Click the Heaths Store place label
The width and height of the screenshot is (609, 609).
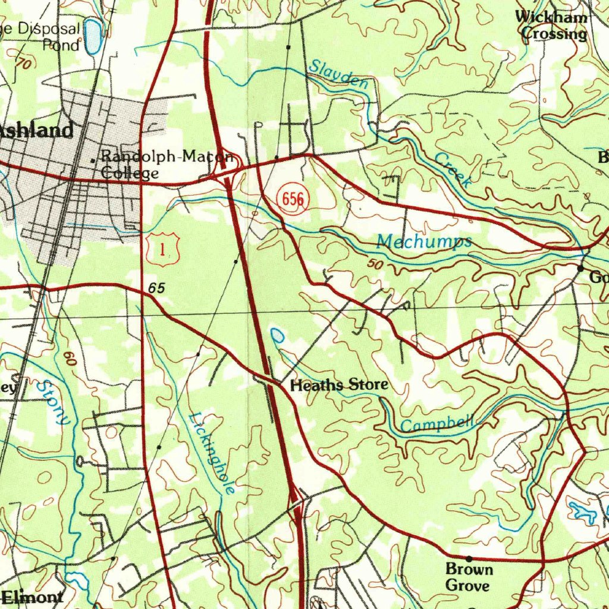tap(338, 385)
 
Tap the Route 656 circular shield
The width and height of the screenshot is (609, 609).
tap(293, 199)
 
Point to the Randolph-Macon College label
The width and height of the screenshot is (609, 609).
tap(164, 165)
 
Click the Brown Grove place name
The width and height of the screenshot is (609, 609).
tap(469, 577)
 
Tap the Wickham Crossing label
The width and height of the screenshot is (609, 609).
tap(551, 26)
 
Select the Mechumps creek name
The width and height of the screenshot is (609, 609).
tap(424, 241)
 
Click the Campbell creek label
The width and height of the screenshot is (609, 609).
tap(437, 424)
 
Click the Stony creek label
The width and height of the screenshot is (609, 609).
tap(53, 403)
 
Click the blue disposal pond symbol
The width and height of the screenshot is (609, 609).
tap(93, 36)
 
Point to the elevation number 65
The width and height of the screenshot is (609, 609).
tap(156, 288)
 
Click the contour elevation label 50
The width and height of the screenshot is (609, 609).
tap(375, 264)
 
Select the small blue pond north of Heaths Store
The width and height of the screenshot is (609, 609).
tap(277, 335)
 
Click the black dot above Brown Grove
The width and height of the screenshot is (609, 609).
tap(469, 558)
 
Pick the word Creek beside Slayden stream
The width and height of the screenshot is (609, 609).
tap(453, 170)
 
